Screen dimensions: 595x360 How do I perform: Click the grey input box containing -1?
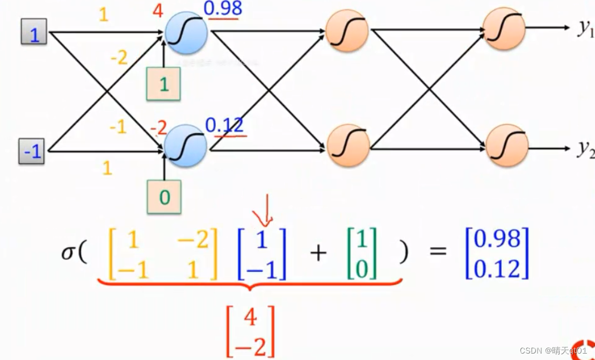32,152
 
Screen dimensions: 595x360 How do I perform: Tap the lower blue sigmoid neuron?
185,146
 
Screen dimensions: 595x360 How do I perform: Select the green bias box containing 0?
164,197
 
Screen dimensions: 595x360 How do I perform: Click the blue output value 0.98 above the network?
223,8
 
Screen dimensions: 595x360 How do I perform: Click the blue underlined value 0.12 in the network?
224,125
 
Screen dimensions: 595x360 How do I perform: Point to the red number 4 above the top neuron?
158,11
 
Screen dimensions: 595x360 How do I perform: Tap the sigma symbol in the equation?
69,252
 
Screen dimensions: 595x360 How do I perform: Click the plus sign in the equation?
318,252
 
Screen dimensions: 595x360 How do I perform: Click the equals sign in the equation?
438,251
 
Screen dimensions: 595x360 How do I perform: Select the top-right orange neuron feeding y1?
504,28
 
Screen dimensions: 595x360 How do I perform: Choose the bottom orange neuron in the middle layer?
349,145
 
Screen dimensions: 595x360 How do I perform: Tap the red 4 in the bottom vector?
251,318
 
